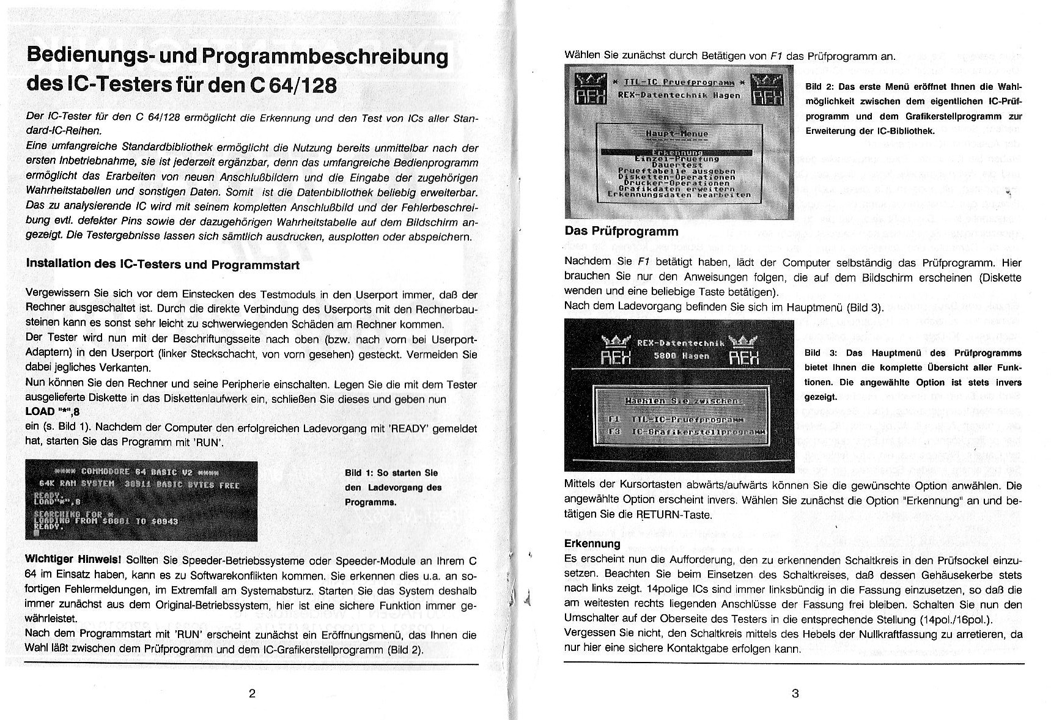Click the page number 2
(252, 693)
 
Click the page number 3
(795, 693)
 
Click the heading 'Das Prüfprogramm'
(621, 231)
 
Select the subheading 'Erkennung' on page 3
(592, 543)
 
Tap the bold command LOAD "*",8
(53, 412)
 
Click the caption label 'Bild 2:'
(820, 87)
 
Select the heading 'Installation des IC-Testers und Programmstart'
(163, 264)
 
